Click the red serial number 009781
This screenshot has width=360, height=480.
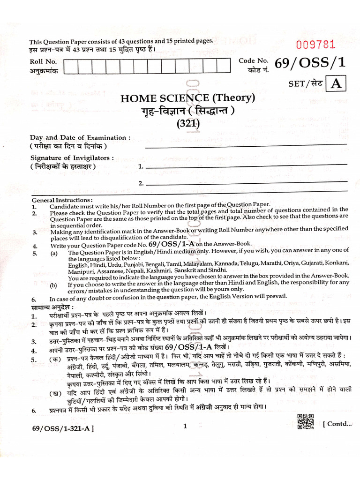315,45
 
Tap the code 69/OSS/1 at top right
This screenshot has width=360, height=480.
304,65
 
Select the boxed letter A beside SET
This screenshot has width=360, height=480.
335,84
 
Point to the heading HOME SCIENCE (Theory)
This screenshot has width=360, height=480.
187,98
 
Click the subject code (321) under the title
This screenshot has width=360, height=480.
188,124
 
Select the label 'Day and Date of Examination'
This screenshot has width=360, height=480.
81,138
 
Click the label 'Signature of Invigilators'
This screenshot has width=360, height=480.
72,158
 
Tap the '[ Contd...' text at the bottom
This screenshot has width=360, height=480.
337,424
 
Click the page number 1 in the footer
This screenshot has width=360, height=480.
185,426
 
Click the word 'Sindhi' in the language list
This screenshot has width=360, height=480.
214,270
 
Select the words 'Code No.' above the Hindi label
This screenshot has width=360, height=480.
253,61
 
